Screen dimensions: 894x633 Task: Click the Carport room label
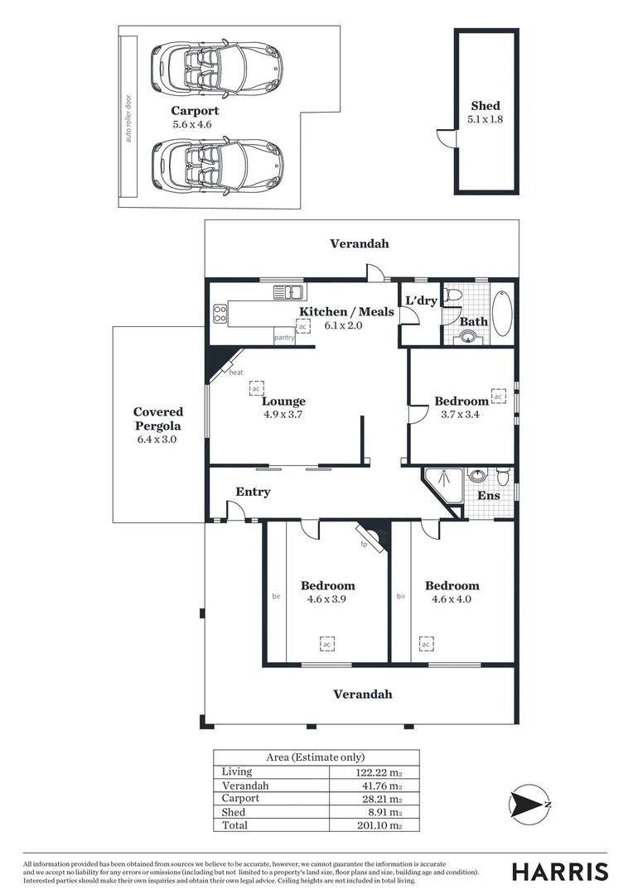pos(195,111)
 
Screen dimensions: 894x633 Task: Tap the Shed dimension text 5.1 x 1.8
pos(485,119)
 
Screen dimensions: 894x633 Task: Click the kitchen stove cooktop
pos(220,313)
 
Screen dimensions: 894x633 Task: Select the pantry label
pos(284,338)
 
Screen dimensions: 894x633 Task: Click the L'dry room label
pos(421,300)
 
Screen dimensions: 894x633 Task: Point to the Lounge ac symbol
pos(257,387)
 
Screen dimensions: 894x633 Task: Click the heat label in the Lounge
pos(236,372)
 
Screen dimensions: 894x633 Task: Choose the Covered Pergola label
pos(158,419)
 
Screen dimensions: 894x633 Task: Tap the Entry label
pos(253,492)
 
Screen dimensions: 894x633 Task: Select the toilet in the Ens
pos(503,477)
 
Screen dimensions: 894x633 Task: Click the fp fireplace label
pos(363,545)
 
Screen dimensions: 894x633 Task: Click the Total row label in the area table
pos(234,825)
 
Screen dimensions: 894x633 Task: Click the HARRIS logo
pos(559,872)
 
